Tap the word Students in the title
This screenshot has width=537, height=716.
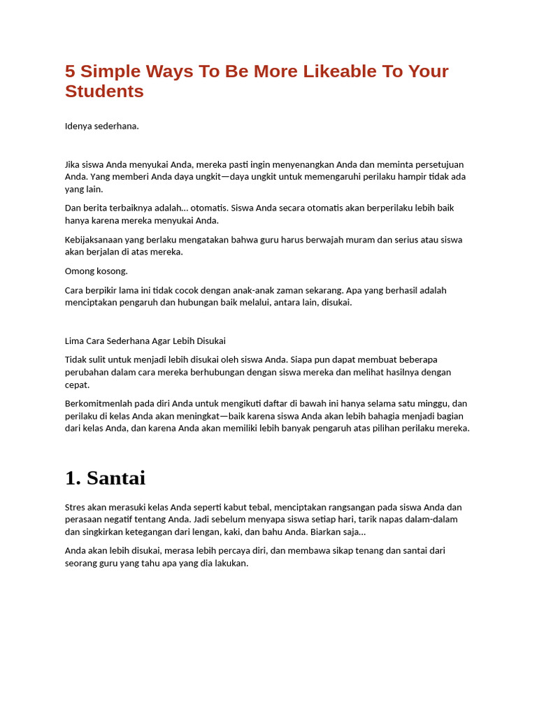(x=104, y=92)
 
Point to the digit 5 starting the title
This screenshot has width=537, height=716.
(x=70, y=71)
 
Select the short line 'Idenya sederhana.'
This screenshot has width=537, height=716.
(x=102, y=126)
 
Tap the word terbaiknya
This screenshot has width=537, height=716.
(x=133, y=208)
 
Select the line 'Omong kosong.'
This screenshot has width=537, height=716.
(x=96, y=271)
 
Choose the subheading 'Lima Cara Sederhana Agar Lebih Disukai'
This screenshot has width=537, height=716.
(x=145, y=341)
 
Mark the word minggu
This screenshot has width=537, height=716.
(x=427, y=403)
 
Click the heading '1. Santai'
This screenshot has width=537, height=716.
(x=105, y=478)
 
